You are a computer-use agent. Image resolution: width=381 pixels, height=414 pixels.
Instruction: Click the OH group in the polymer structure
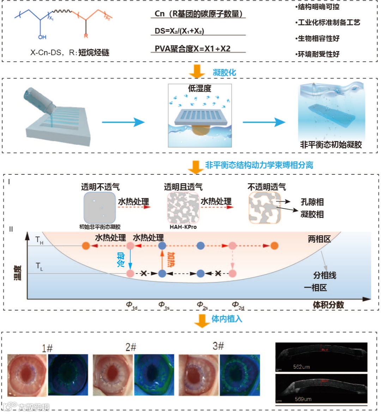42,37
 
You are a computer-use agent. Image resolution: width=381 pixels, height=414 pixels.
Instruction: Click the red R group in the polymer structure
86,36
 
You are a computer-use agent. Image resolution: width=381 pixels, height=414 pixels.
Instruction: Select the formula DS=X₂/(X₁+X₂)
179,31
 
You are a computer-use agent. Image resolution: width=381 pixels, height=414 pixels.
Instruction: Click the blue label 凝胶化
224,73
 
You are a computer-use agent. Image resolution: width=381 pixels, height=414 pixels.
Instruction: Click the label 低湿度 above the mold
199,88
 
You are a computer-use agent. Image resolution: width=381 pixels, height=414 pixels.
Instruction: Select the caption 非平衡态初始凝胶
331,144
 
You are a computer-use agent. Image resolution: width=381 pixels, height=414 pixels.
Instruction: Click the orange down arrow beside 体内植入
202,320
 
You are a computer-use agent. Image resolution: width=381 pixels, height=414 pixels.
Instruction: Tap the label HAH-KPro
183,227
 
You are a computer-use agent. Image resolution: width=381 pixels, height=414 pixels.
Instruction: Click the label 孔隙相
312,202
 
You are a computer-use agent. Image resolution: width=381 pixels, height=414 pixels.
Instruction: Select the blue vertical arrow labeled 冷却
130,260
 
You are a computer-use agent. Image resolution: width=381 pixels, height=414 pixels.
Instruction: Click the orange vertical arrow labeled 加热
162,260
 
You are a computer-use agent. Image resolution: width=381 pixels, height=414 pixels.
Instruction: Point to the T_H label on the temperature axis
39,241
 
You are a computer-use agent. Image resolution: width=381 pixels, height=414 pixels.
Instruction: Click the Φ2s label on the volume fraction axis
202,305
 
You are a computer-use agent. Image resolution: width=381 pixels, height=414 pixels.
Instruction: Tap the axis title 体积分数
328,305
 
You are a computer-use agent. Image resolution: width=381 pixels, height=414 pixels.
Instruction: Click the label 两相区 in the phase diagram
319,239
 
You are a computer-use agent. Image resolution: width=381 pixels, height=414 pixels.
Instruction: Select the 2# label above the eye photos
131,347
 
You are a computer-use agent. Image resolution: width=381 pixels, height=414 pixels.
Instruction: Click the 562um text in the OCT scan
301,367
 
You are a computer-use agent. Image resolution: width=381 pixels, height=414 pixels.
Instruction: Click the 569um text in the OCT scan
303,399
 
